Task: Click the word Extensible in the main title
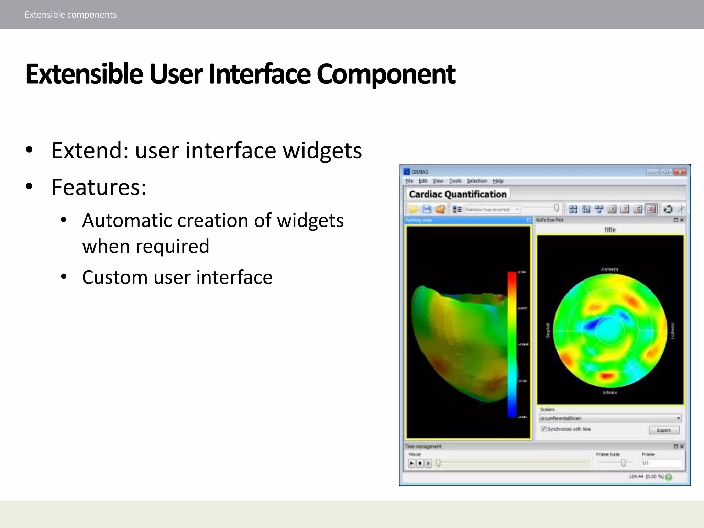pos(84,74)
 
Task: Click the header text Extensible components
pos(70,15)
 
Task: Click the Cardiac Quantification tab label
pos(458,194)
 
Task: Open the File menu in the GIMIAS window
pos(409,181)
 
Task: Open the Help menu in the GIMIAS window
pos(498,181)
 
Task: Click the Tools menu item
pos(455,181)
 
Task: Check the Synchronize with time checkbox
pos(543,429)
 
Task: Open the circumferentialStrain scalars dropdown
pos(678,418)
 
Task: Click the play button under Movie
pos(411,463)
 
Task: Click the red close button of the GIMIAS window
pos(680,172)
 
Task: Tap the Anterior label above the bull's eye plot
pos(609,269)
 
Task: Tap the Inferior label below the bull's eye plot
pos(609,392)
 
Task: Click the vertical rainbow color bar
pos(512,344)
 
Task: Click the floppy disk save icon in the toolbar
pos(427,209)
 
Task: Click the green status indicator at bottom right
pos(669,477)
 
